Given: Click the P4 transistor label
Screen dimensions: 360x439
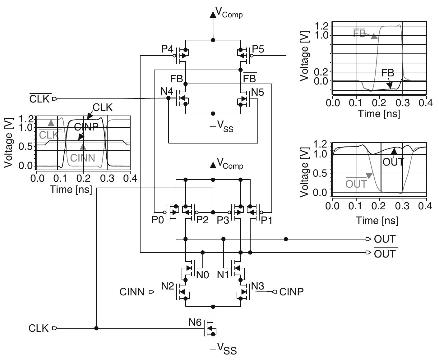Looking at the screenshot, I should coord(167,49).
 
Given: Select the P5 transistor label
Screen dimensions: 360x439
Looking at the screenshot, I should coord(258,49).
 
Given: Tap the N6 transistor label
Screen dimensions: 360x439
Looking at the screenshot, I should coord(195,322).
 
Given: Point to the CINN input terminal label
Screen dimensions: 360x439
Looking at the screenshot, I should coord(132,292).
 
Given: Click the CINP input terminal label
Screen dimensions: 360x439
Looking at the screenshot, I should coord(291,292).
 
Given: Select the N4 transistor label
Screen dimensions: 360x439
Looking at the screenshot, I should coord(167,92).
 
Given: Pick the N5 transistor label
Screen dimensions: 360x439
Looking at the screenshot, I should coord(257,92).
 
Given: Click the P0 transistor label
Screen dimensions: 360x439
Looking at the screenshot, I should coord(158,220).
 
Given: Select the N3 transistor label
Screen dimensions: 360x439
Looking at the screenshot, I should coord(257,286).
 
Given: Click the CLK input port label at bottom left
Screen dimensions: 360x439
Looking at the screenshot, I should coord(39,328).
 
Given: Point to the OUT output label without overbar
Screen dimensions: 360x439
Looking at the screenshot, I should coord(385,239).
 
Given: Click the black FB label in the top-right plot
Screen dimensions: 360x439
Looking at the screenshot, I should coord(387,73).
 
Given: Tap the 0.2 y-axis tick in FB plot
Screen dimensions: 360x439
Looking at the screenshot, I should coord(321,72).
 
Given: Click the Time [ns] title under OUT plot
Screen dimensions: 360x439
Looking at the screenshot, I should coord(377,220).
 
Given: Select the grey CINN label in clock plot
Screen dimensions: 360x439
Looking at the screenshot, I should coord(82,158).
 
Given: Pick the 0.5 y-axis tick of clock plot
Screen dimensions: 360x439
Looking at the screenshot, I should coord(25,146).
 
